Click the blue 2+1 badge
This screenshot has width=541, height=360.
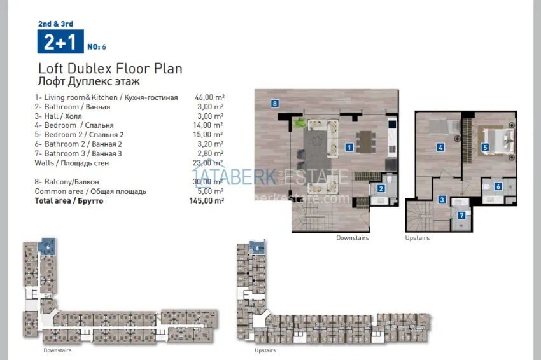(59, 42)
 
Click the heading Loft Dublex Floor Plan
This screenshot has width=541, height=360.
(110, 69)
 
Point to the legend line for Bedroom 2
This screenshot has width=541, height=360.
(79, 135)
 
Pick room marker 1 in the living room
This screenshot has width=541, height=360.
(349, 147)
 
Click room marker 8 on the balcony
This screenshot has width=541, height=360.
(274, 104)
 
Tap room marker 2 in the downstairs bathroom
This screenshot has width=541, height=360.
(381, 188)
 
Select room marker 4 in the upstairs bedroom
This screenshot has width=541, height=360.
(440, 148)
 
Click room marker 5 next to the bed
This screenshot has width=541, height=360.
(485, 148)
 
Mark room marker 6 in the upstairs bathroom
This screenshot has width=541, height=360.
(498, 186)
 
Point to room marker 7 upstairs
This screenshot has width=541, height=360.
(462, 215)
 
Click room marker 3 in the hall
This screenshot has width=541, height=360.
(442, 200)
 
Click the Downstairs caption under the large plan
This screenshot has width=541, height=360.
(353, 238)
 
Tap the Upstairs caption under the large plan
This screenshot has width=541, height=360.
(418, 238)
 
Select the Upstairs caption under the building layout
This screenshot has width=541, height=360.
(265, 350)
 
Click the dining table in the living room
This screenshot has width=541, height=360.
(365, 139)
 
